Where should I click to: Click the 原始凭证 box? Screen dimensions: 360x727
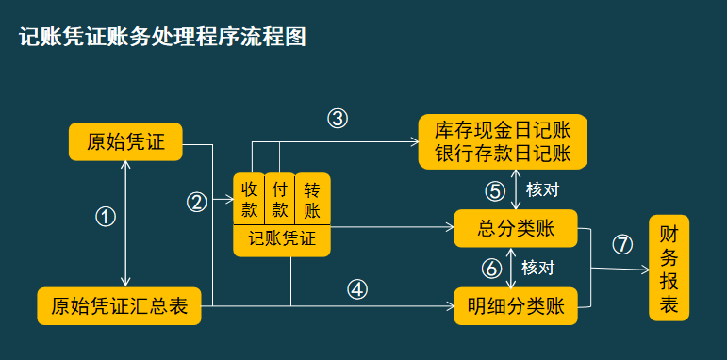(125, 142)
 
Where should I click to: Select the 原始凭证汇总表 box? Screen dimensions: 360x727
(119, 306)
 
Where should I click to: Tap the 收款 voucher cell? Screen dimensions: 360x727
(249, 198)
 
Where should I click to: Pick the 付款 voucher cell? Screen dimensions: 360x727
(280, 198)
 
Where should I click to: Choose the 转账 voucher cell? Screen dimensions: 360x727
(312, 198)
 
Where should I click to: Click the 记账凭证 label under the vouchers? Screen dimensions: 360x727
(282, 240)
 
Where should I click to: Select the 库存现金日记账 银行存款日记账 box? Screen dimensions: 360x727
(504, 141)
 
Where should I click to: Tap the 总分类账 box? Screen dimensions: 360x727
(516, 227)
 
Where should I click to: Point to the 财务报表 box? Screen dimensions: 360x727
(669, 269)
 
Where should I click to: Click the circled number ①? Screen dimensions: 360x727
(106, 216)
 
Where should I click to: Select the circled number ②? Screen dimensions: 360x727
(197, 201)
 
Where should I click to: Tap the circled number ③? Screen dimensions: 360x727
(338, 119)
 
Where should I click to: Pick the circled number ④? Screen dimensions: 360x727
(356, 289)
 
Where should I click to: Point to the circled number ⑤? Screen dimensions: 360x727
(495, 189)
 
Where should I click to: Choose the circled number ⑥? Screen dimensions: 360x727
(490, 268)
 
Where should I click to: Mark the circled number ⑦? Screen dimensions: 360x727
(621, 244)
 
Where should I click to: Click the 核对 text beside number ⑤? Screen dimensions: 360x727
(543, 189)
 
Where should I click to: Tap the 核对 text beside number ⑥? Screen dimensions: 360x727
(537, 268)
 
